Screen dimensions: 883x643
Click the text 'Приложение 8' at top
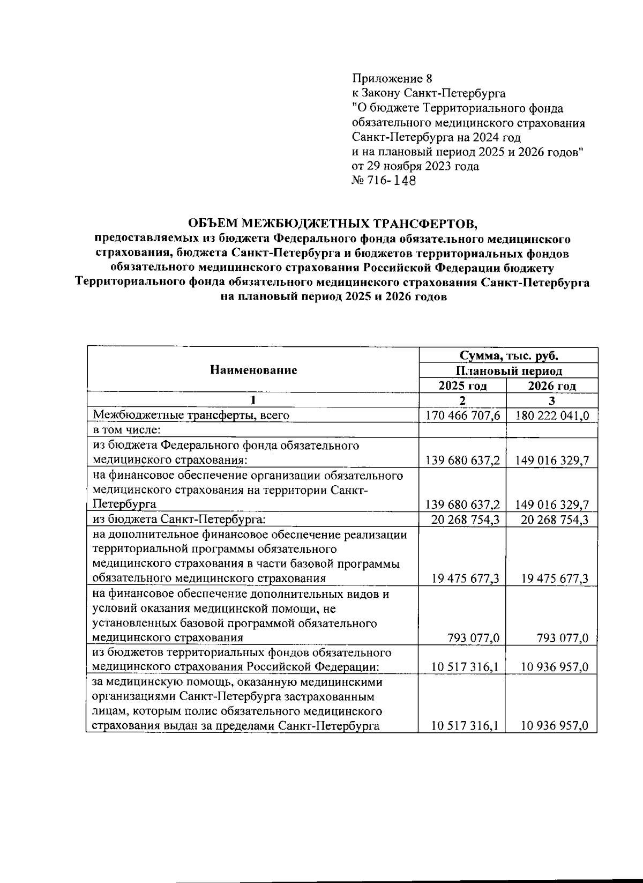[391, 79]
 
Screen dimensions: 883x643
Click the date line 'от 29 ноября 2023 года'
[415, 166]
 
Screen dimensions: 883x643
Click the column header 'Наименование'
[253, 370]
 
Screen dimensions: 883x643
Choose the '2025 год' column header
[462, 386]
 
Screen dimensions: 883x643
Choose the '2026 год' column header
[552, 386]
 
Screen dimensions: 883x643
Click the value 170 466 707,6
[463, 415]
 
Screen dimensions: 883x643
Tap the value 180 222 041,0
[552, 415]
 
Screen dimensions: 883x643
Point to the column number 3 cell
[552, 400]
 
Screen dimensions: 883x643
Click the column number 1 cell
[253, 400]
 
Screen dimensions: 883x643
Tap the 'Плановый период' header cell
[508, 371]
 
